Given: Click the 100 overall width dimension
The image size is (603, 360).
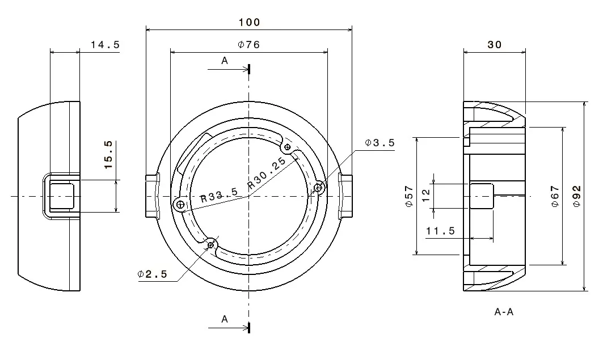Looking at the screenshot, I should tap(249, 22).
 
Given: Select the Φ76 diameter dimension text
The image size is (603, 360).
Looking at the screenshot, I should tap(249, 45).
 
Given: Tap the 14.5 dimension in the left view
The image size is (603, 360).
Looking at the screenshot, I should tap(105, 45).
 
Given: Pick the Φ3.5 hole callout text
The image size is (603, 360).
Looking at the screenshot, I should tap(379, 143).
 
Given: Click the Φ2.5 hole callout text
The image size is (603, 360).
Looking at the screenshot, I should tap(152, 274).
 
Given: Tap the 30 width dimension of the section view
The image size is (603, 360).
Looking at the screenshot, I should tap(495, 45).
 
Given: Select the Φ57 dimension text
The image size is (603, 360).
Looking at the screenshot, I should tap(409, 196).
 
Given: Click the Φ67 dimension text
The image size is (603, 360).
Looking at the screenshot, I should tap(555, 196).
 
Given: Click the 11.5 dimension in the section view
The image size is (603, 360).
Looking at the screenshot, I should tap(440, 231).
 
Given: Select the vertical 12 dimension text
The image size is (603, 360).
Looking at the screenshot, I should tap(426, 196).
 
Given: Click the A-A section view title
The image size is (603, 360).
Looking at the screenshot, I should tap(504, 312).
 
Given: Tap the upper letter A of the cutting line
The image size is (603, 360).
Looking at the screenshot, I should tap(225, 61).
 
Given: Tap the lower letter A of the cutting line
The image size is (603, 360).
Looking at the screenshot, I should tap(225, 320).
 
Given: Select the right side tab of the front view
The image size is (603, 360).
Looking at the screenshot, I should tap(346, 196).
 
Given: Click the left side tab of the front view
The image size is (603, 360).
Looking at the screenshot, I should tap(151, 196).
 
